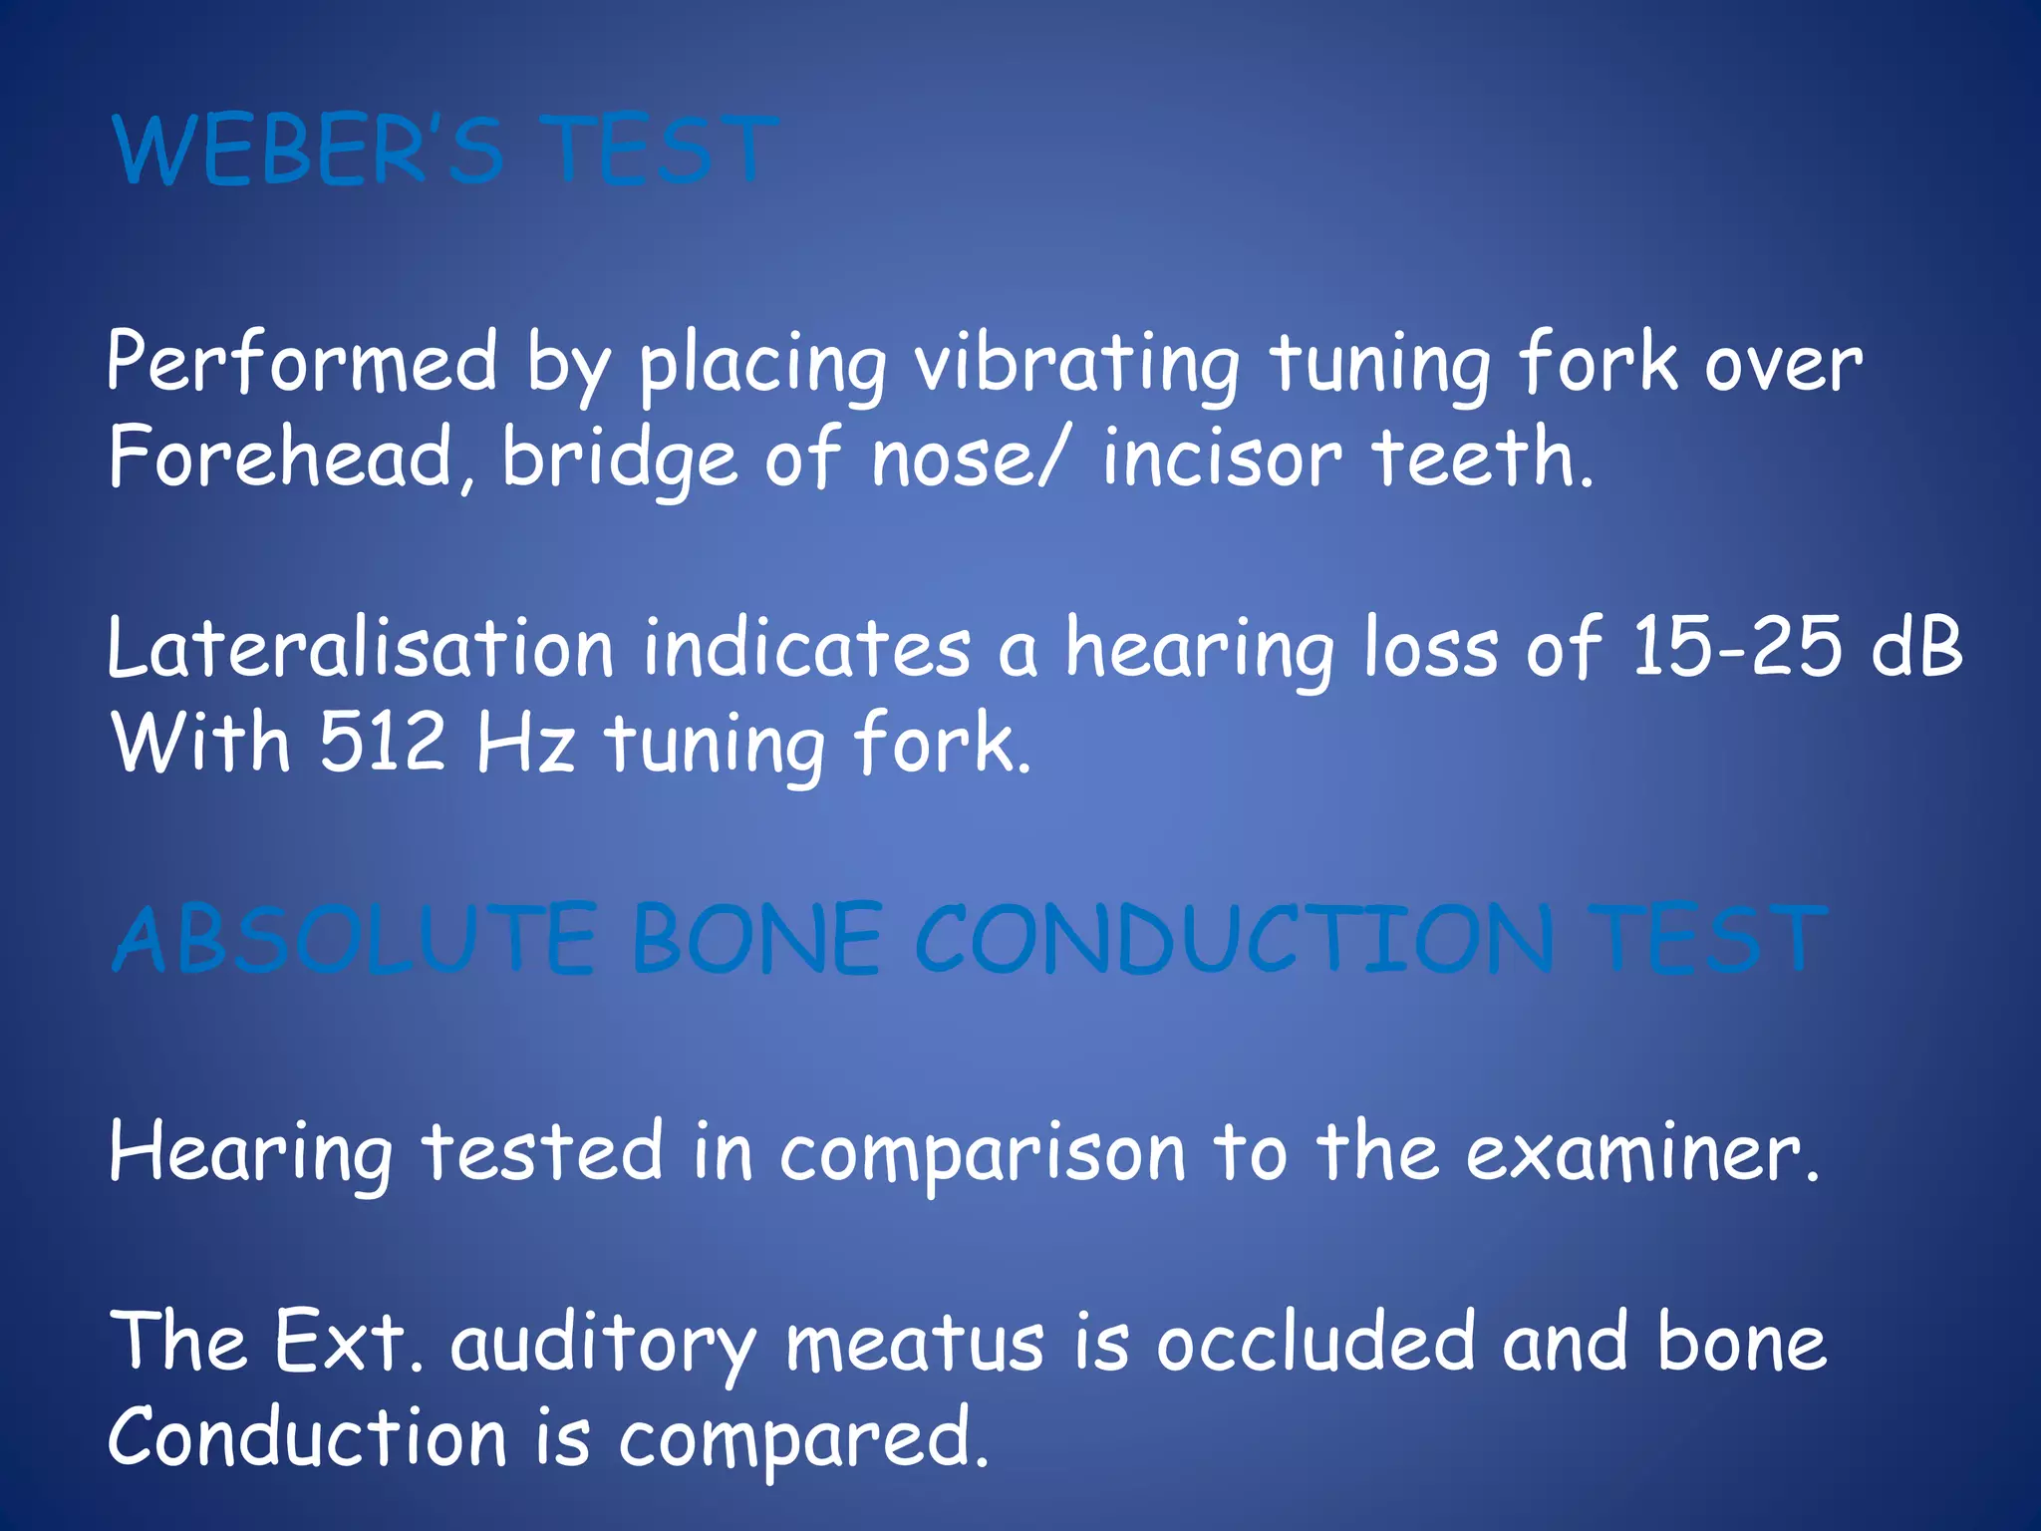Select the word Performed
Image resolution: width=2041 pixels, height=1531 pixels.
coord(301,363)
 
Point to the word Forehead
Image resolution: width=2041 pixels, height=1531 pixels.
coord(280,458)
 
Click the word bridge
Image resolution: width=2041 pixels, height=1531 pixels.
coord(619,458)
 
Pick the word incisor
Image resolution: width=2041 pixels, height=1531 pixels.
coord(1222,458)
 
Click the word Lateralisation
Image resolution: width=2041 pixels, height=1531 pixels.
coord(360,648)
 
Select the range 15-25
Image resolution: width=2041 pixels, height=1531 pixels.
coord(1735,648)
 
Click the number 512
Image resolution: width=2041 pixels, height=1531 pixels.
coord(382,743)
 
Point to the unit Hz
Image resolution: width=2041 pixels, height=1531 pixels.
coord(525,743)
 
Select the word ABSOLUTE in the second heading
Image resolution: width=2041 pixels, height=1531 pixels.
coord(355,939)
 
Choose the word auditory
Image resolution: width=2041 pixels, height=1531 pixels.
coord(603,1344)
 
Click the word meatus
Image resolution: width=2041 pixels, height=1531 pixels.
coord(914,1342)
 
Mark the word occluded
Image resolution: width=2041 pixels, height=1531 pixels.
coord(1314,1342)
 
